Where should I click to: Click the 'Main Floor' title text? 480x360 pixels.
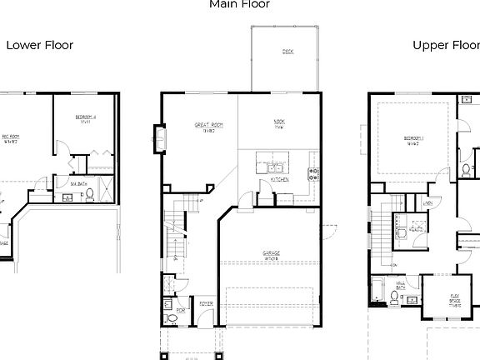(x=239, y=4)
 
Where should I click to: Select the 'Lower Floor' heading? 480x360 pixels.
(x=40, y=45)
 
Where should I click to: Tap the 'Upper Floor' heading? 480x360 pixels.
(x=446, y=45)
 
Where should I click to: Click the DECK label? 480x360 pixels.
(x=287, y=52)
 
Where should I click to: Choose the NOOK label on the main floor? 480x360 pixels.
(x=280, y=124)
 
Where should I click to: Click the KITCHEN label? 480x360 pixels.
(x=280, y=179)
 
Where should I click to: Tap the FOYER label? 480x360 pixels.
(x=203, y=305)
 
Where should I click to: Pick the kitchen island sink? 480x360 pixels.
(x=274, y=167)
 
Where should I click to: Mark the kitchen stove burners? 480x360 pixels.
(x=313, y=174)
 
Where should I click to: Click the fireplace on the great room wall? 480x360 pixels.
(x=157, y=139)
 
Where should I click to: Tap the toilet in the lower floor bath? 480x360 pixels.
(x=89, y=197)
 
